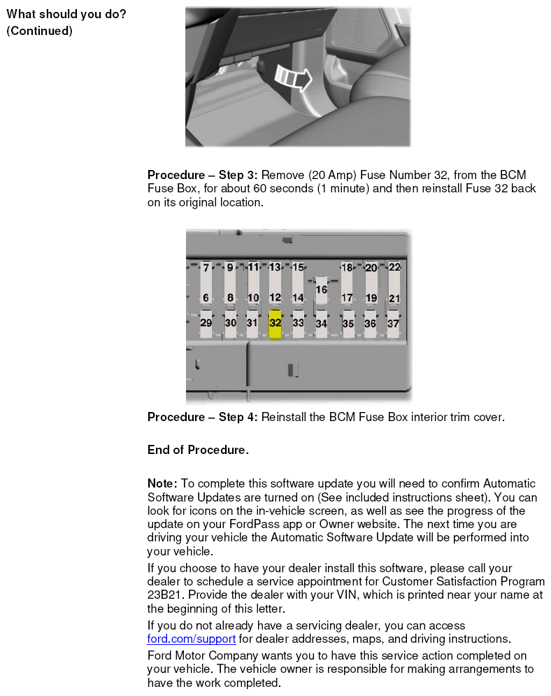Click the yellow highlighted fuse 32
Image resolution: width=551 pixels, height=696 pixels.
[275, 324]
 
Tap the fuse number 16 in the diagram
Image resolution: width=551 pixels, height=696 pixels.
[321, 290]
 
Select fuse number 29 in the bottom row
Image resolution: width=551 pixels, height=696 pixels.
[206, 322]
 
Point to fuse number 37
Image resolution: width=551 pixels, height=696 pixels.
[393, 323]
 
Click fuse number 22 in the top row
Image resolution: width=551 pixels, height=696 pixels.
[394, 267]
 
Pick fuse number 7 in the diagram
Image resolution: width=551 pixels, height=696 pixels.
[206, 268]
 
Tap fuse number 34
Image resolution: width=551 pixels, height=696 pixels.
[321, 324]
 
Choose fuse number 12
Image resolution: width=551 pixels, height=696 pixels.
[275, 297]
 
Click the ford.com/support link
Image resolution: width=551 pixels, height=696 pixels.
[191, 639]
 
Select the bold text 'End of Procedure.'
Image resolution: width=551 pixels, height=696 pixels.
[198, 450]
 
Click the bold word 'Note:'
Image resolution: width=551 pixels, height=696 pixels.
[162, 483]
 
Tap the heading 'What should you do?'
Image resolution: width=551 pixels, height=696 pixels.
[66, 14]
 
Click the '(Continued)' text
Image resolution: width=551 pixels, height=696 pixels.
[39, 31]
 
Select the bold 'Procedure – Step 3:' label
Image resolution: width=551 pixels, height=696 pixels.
[202, 175]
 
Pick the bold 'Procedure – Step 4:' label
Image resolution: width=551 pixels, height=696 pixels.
[202, 417]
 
